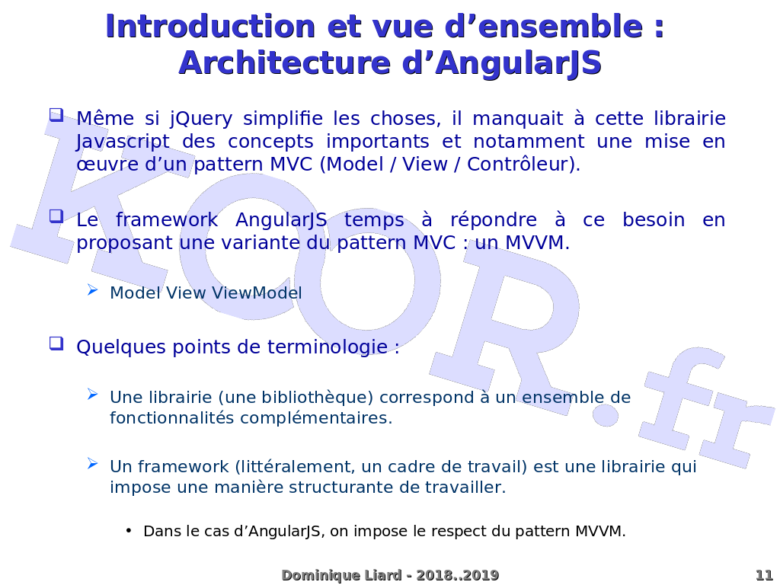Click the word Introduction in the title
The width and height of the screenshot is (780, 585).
click(209, 27)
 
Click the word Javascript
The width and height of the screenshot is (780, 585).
click(120, 142)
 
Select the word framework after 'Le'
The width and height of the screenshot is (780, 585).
click(167, 220)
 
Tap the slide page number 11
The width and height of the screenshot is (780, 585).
click(764, 575)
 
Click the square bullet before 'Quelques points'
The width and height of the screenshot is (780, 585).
click(56, 344)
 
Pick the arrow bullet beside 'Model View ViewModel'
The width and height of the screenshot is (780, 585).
click(92, 289)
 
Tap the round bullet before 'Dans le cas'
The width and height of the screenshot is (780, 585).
click(129, 530)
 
